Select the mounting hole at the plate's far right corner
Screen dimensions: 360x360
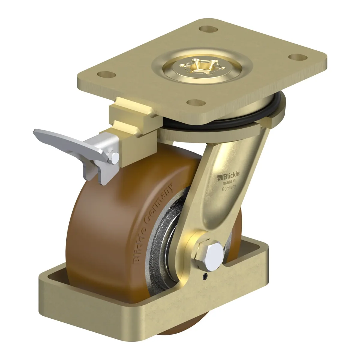click(x=298, y=57)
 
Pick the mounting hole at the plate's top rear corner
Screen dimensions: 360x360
click(x=208, y=29)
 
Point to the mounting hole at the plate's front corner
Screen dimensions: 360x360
click(x=196, y=103)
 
